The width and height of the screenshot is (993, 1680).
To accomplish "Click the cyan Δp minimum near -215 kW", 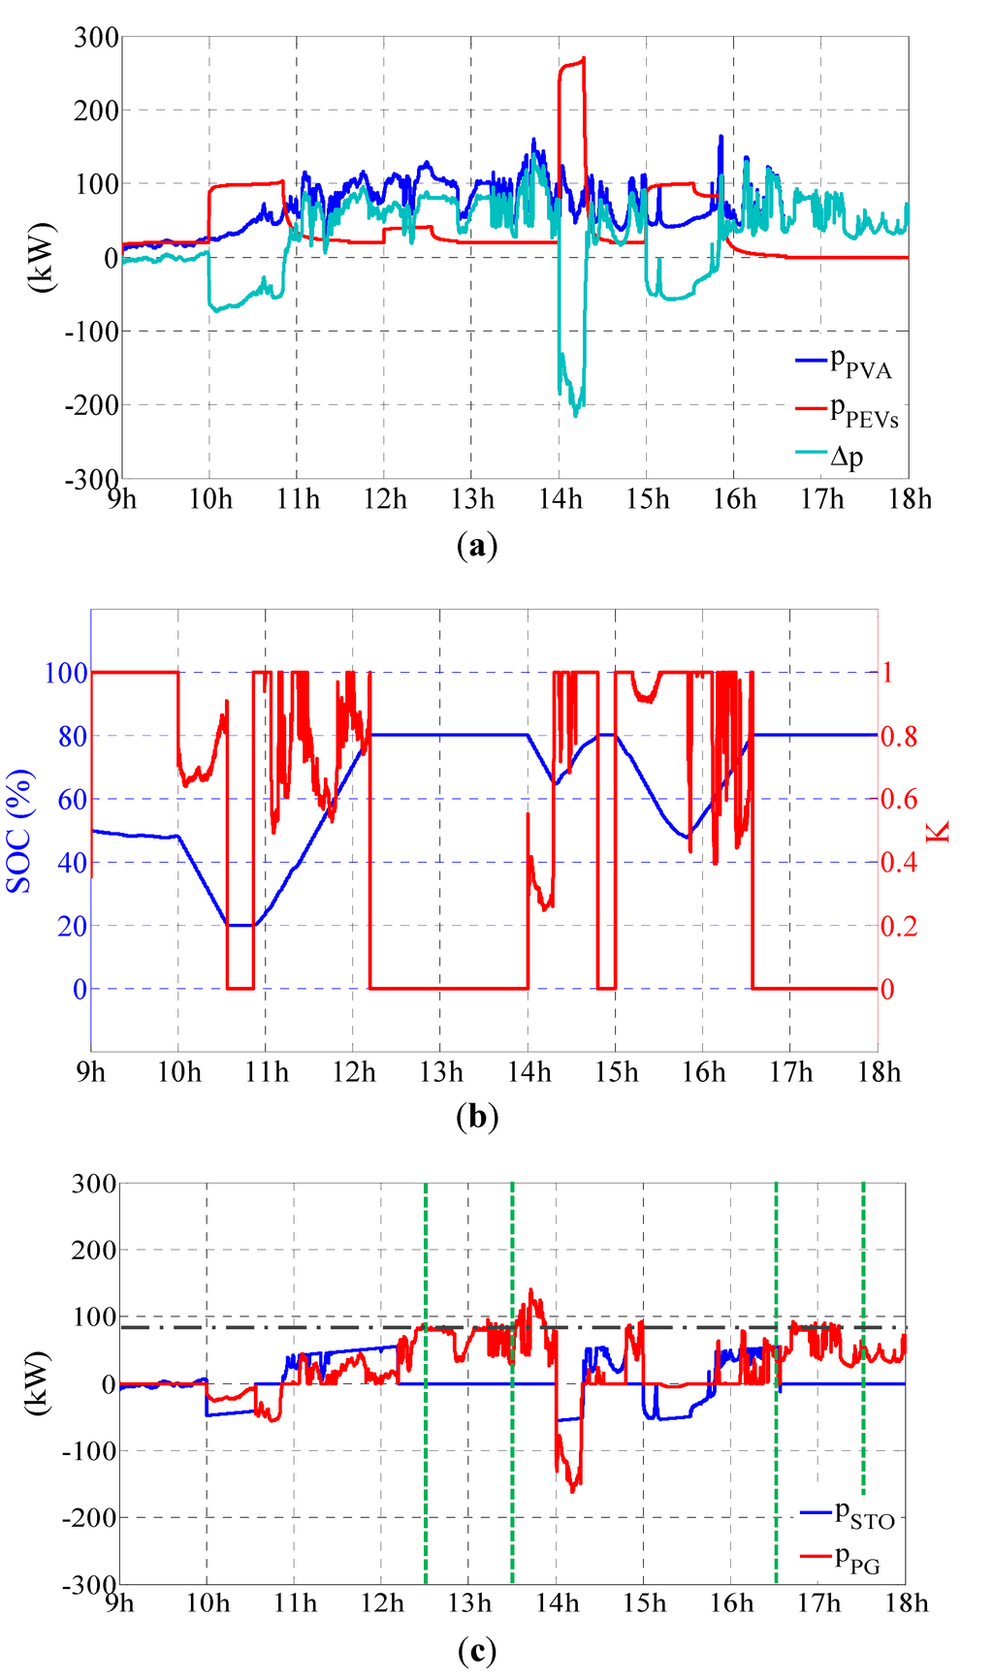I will [575, 415].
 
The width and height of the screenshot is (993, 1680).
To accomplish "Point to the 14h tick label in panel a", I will [561, 499].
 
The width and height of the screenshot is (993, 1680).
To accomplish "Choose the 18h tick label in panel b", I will [879, 1072].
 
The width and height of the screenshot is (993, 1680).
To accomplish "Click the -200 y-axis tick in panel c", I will [90, 1517].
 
